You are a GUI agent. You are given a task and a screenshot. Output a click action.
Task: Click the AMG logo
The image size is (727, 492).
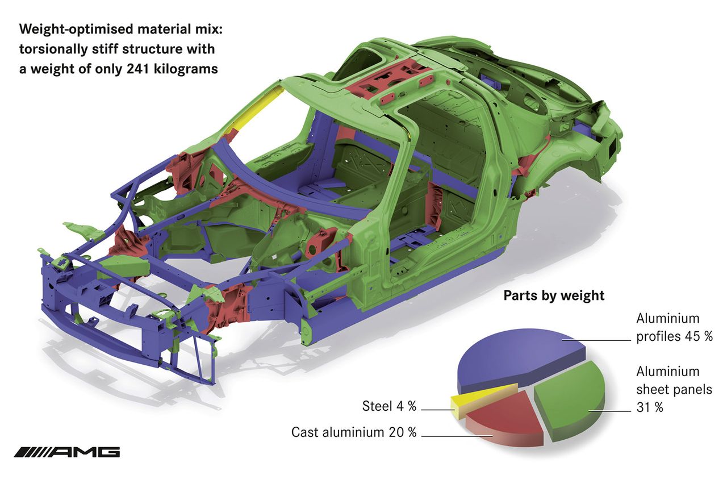67,452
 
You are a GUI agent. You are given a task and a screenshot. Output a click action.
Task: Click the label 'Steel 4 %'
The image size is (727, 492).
389,406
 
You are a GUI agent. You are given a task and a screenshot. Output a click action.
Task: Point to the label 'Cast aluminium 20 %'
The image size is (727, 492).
354,432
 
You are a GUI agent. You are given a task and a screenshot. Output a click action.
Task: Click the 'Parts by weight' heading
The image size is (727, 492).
554,295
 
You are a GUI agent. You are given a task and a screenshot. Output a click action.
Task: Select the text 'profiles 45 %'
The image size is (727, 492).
674,336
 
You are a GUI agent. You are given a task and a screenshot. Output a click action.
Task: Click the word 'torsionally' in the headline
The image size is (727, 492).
53,49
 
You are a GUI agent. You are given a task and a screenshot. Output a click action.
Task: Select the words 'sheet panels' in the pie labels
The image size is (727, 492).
674,389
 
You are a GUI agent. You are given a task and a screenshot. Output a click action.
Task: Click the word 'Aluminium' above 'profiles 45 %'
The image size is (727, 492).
667,318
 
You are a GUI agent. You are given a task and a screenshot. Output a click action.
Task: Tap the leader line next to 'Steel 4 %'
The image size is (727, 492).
438,410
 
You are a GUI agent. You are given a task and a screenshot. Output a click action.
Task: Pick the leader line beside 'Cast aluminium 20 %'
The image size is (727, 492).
457,436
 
